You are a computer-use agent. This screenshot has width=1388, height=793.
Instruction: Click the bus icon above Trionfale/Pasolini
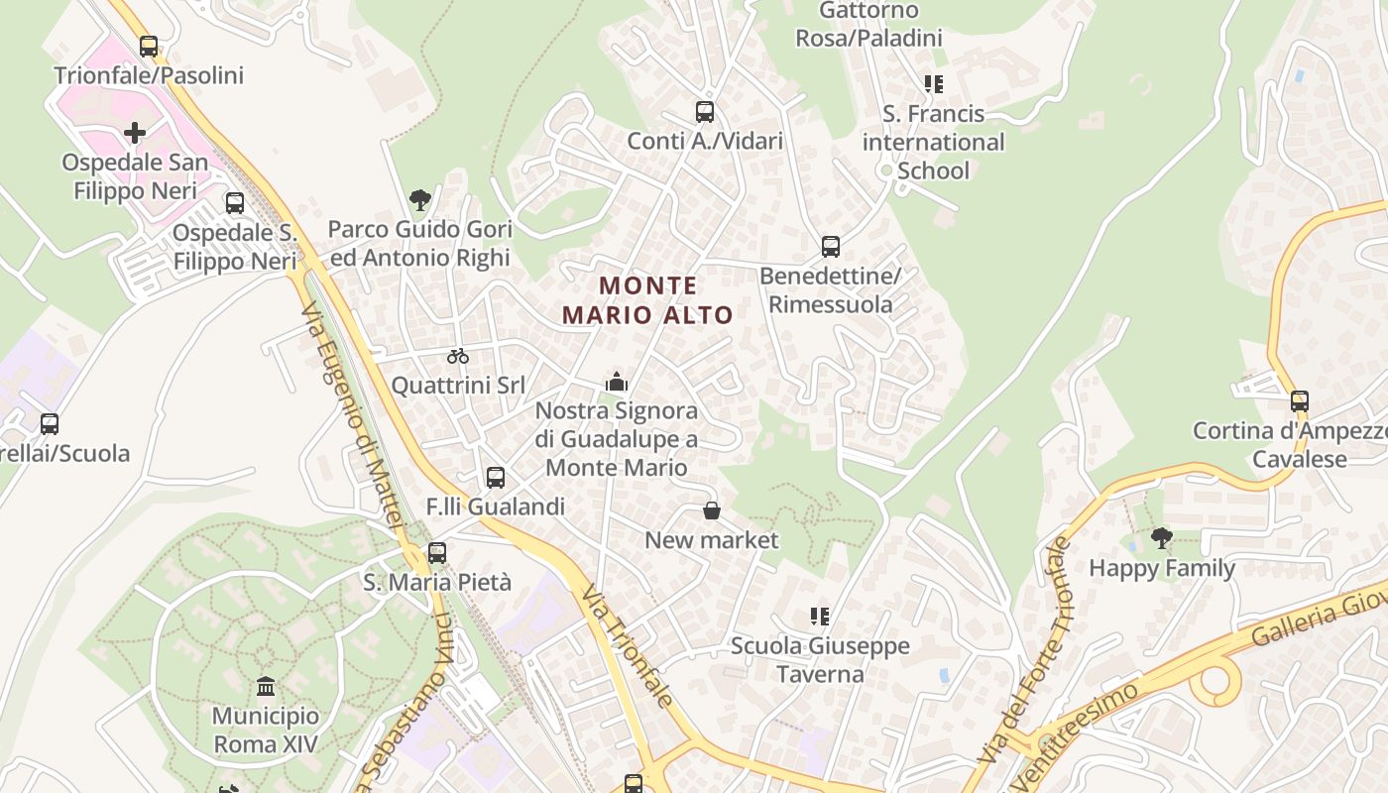(x=149, y=46)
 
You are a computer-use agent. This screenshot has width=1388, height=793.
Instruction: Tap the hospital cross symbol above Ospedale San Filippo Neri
(x=135, y=132)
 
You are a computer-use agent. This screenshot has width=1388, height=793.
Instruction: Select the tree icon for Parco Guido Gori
(x=420, y=199)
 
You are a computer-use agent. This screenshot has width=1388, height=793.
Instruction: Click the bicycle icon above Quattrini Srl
(x=457, y=356)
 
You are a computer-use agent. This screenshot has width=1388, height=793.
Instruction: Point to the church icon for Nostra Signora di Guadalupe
(x=617, y=381)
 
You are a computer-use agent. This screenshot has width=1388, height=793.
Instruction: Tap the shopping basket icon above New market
(x=712, y=510)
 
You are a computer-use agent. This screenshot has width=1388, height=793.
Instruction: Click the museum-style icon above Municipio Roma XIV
(x=266, y=686)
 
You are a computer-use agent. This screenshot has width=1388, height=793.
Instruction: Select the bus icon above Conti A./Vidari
(x=705, y=112)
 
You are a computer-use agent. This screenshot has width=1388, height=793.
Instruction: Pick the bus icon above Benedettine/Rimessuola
(x=831, y=247)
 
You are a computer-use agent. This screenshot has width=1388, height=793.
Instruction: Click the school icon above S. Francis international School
(x=933, y=84)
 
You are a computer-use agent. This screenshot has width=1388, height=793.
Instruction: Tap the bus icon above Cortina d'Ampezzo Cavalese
(x=1300, y=401)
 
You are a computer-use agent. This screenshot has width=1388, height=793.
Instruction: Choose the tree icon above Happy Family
(x=1162, y=538)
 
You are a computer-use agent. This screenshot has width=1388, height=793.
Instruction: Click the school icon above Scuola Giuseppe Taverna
(x=820, y=617)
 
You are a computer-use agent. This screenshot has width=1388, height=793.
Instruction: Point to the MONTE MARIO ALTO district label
(x=648, y=300)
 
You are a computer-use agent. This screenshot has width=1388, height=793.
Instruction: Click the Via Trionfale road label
(x=628, y=645)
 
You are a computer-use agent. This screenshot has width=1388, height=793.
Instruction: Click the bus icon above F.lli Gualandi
(x=496, y=478)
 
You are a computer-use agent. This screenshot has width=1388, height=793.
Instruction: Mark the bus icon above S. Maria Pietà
(x=437, y=553)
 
